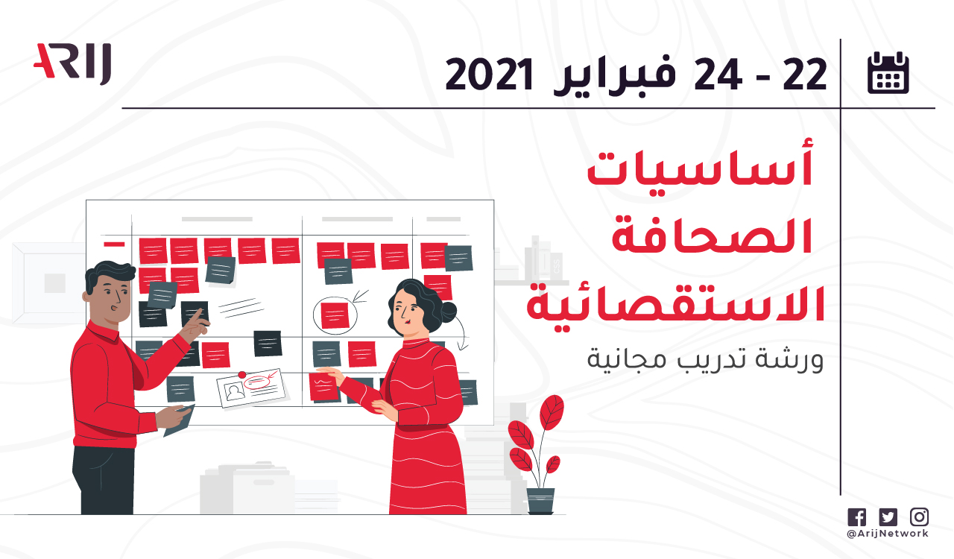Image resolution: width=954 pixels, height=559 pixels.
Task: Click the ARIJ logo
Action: coord(72,63)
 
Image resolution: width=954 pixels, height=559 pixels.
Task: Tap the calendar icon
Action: coord(888,72)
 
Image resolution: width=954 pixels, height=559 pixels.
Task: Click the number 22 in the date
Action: coord(805,75)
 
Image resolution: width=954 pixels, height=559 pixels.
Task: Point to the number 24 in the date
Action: coord(718,75)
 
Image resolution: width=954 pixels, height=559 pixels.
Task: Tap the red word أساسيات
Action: coord(701,165)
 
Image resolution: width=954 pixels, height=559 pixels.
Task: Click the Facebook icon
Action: coord(856,517)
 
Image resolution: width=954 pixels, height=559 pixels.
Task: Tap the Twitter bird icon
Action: coord(888,517)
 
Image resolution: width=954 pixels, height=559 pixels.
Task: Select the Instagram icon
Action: coord(920,517)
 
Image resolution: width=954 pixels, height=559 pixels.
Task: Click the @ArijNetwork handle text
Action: coord(888,534)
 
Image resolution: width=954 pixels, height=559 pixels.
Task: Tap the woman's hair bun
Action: coord(448,312)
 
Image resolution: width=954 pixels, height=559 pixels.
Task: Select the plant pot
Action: coord(540,501)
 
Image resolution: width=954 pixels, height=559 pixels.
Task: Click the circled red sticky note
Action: coord(335,316)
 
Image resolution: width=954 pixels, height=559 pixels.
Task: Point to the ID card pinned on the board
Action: coord(251,388)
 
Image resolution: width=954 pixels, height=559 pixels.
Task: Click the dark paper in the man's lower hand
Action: coord(180,420)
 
